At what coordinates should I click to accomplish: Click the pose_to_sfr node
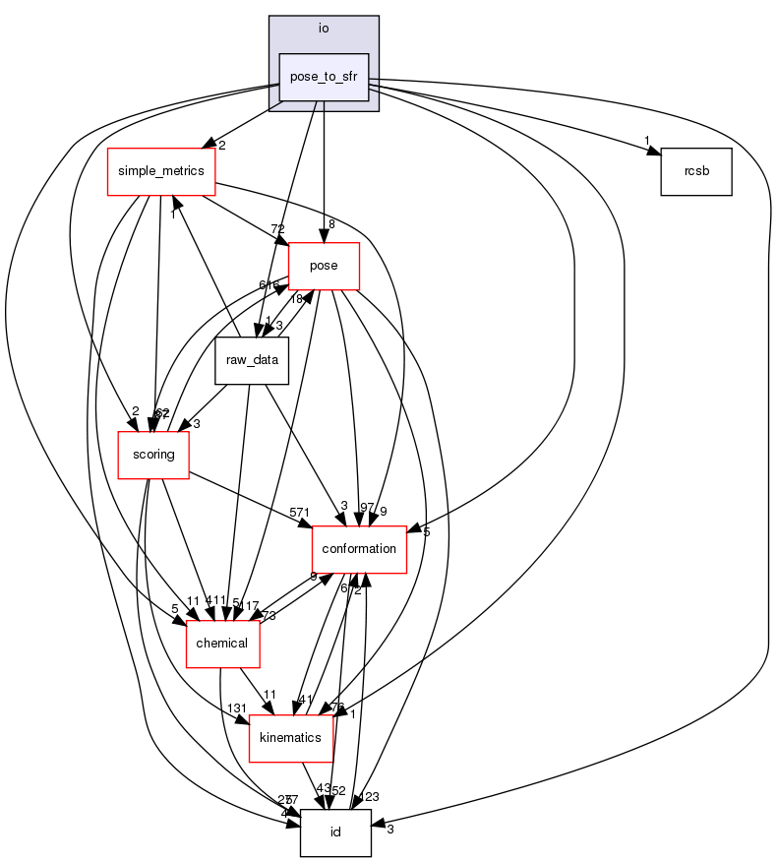click(x=324, y=76)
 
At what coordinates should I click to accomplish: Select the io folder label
click(x=324, y=28)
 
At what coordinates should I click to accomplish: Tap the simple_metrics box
click(x=161, y=171)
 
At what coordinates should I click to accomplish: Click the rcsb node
click(x=696, y=171)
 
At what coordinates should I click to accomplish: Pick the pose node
click(x=324, y=266)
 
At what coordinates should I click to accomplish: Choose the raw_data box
click(x=252, y=360)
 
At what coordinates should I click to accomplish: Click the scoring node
click(x=153, y=455)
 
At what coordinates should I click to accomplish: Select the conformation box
click(x=359, y=549)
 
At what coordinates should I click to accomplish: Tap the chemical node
click(x=223, y=644)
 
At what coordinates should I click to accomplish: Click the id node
click(x=335, y=832)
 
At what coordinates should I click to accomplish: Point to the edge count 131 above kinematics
click(x=237, y=708)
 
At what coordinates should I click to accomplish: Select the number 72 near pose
click(x=278, y=228)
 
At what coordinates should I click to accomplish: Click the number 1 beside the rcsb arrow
click(x=646, y=139)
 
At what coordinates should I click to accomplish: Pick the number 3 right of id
click(x=389, y=830)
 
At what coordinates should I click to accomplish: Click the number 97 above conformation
click(x=367, y=507)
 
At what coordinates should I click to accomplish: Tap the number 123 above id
click(x=370, y=797)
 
